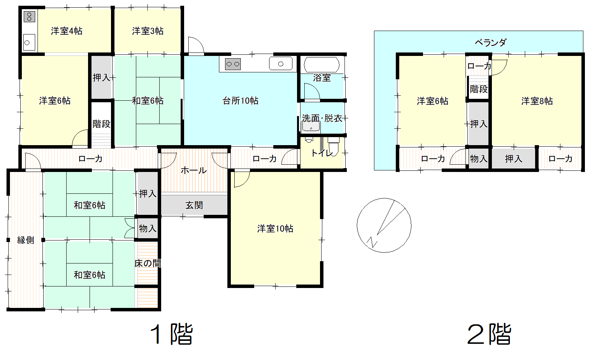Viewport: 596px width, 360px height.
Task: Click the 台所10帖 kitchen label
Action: point(240,101)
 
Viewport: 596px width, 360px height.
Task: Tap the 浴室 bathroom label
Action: point(322,78)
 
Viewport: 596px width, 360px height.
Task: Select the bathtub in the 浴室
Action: point(322,65)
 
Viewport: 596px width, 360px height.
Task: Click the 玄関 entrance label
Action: point(194,205)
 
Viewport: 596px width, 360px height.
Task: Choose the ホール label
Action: point(194,170)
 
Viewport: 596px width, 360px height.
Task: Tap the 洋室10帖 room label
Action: point(275,229)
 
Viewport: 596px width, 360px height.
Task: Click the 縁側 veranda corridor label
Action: point(26,240)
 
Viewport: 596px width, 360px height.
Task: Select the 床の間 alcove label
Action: point(148,263)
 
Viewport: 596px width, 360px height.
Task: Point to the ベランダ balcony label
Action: point(490,43)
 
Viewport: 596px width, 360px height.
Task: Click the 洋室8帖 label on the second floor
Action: point(537,101)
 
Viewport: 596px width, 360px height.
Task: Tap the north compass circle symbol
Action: point(384,225)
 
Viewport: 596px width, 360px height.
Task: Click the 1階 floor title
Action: point(171,334)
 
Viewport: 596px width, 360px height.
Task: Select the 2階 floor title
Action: point(489,334)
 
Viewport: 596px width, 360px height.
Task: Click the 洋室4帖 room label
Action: point(67,31)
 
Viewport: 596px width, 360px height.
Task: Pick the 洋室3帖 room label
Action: point(148,31)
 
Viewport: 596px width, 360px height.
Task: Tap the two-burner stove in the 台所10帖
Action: point(233,64)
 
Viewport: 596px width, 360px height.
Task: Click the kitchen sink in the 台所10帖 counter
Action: point(281,64)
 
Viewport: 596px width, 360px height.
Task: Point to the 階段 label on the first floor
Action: point(101,124)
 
